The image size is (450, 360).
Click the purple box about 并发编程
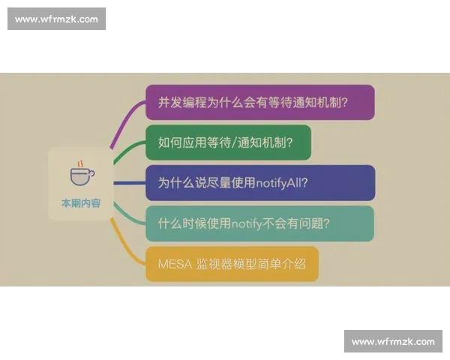pos(259,102)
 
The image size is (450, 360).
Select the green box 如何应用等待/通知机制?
pos(228,142)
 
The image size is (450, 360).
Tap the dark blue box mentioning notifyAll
pos(259,182)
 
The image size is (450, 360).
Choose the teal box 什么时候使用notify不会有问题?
pos(259,223)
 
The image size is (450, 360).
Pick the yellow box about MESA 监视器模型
pos(232,263)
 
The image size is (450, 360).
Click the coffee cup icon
pos(82,176)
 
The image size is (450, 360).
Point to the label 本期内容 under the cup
pos(80,203)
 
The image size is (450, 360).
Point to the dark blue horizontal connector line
pos(128,182)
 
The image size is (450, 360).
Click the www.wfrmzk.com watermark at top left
pos(56,19)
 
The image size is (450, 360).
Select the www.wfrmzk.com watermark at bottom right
pos(393,341)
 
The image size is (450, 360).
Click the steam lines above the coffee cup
pos(80,163)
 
